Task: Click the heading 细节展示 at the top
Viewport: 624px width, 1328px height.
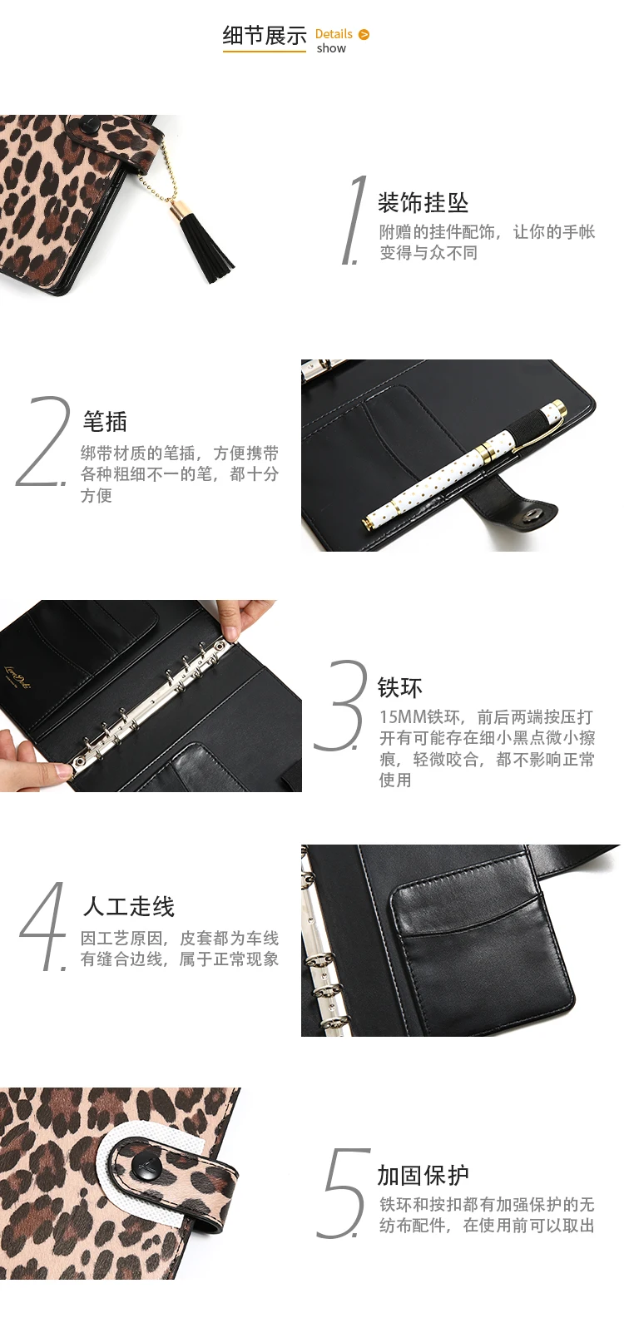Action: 265,36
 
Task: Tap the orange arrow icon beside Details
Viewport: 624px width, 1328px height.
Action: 364,34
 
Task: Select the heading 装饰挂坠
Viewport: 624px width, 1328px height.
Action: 423,203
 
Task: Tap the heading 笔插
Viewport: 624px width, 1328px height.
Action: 105,422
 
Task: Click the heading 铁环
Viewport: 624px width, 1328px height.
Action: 400,687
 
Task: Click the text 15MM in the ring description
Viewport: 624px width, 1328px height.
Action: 403,716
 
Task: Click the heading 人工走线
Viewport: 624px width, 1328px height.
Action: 128,906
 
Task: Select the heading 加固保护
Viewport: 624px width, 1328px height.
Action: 423,1174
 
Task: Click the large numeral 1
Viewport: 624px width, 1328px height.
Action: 354,220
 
